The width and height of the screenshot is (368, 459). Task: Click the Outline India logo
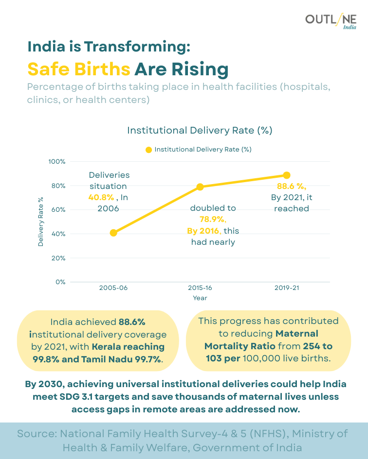[x=331, y=21]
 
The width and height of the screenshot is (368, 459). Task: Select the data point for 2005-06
[x=113, y=233]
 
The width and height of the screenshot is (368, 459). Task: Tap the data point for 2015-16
[x=200, y=187]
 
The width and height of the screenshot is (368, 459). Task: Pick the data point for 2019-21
[x=287, y=175]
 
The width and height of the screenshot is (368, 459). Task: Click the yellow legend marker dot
[x=148, y=150]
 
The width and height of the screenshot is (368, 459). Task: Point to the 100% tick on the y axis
[x=57, y=161]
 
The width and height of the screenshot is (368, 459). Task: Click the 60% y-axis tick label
[x=58, y=209]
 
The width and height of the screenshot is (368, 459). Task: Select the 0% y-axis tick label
[x=60, y=282]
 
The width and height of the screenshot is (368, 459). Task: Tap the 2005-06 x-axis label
[x=113, y=288]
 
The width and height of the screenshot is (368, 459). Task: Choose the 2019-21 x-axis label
[x=287, y=288]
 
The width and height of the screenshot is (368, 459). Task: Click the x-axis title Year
[x=200, y=298]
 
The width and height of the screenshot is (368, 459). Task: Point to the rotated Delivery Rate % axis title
[x=41, y=221]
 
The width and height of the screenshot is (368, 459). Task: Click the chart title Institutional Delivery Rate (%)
[x=200, y=130]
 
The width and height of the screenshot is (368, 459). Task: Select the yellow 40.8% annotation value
[x=101, y=197]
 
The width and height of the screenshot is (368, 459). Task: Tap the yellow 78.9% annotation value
[x=213, y=219]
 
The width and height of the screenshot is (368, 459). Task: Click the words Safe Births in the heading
[x=79, y=69]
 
